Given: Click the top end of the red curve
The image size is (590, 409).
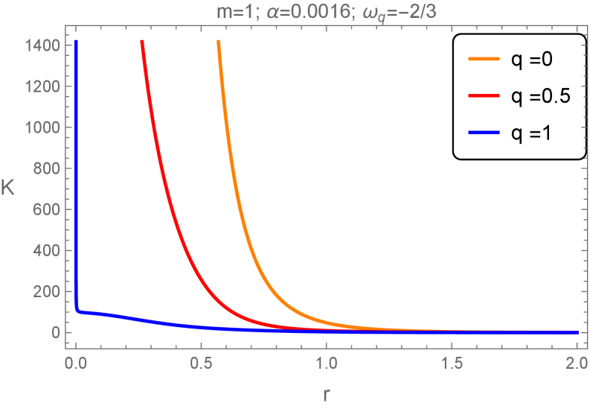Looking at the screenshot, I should coord(142,42).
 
